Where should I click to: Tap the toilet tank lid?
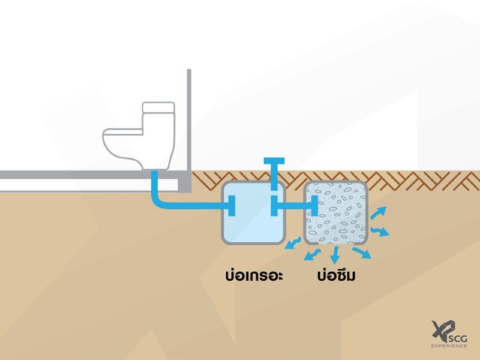158,107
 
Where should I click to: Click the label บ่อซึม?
340,277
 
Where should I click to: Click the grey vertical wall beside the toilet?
188,120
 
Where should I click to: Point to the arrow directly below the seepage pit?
335,253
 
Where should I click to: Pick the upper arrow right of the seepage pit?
379,212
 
